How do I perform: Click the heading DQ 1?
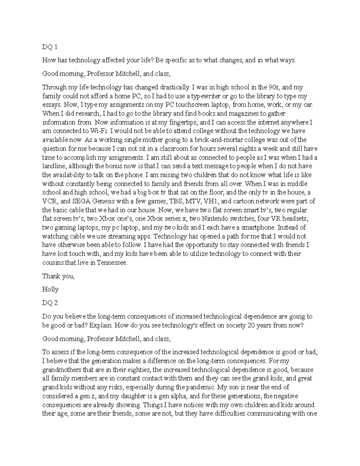[x=49, y=47]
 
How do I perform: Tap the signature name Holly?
[x=50, y=289]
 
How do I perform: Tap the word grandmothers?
[x=61, y=370]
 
